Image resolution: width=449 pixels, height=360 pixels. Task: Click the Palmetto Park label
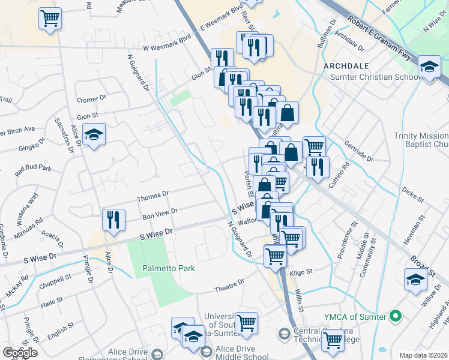tap(169, 268)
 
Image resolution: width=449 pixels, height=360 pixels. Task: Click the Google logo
tap(20, 353)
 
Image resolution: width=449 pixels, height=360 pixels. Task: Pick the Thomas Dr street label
tap(153, 196)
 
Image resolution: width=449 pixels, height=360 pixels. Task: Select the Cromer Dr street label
tap(91, 99)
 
